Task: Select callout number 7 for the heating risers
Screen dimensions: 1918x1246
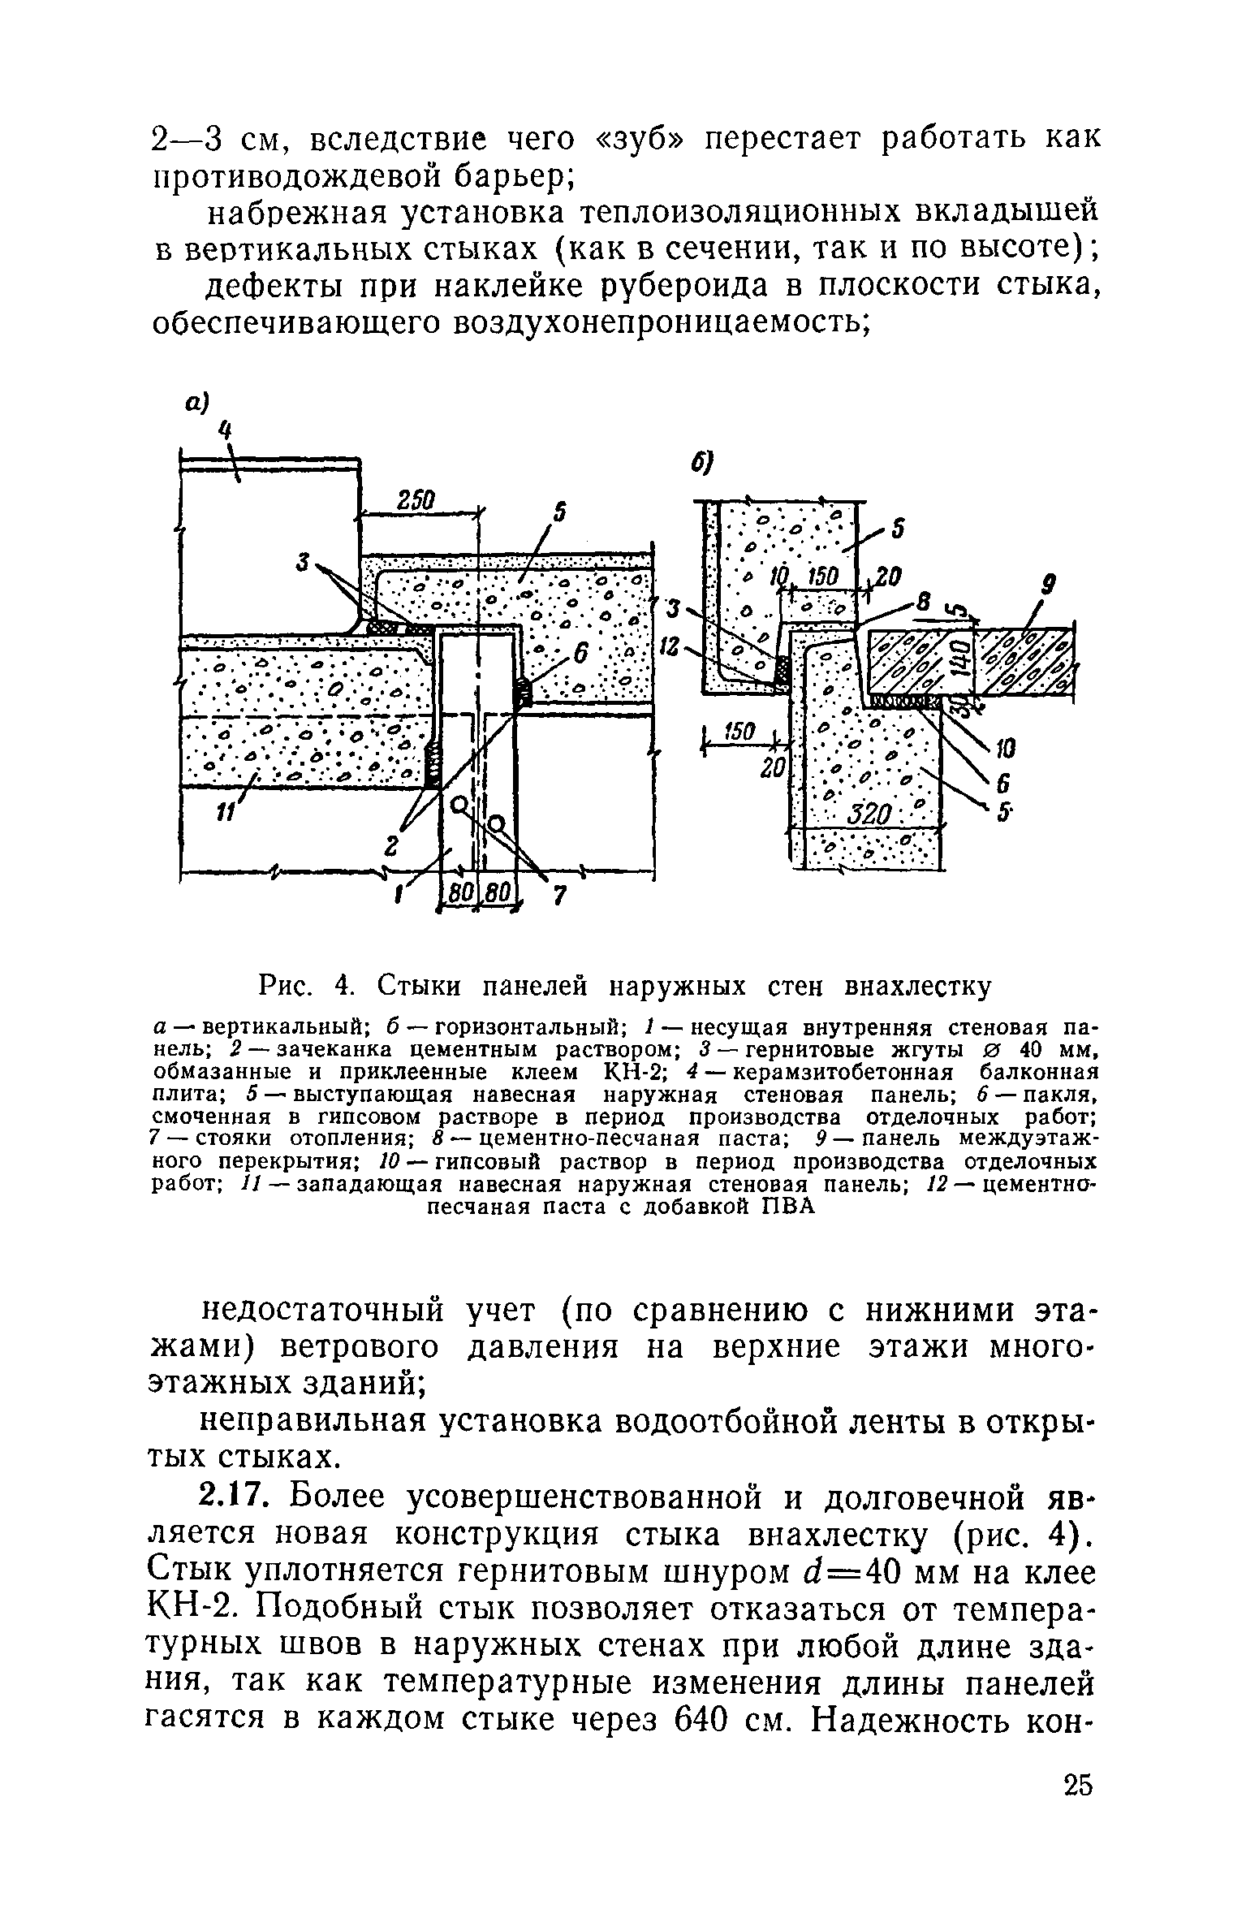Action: point(558,896)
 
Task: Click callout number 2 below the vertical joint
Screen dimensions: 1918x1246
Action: point(392,847)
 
